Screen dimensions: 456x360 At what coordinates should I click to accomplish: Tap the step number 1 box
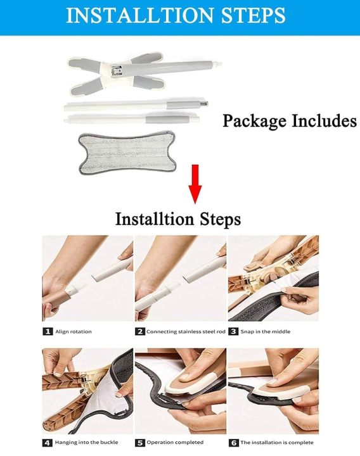click(47, 331)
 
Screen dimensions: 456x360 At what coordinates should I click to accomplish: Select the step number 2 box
click(139, 331)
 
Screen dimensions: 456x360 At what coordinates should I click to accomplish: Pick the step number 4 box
click(47, 442)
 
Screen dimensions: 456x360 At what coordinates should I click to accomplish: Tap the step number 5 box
click(139, 442)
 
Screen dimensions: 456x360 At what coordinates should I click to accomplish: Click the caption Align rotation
click(74, 331)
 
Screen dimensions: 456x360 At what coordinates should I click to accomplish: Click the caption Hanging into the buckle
click(82, 442)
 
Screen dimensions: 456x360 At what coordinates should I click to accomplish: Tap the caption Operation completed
click(175, 442)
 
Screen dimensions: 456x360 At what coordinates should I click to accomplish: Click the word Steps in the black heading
click(213, 220)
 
